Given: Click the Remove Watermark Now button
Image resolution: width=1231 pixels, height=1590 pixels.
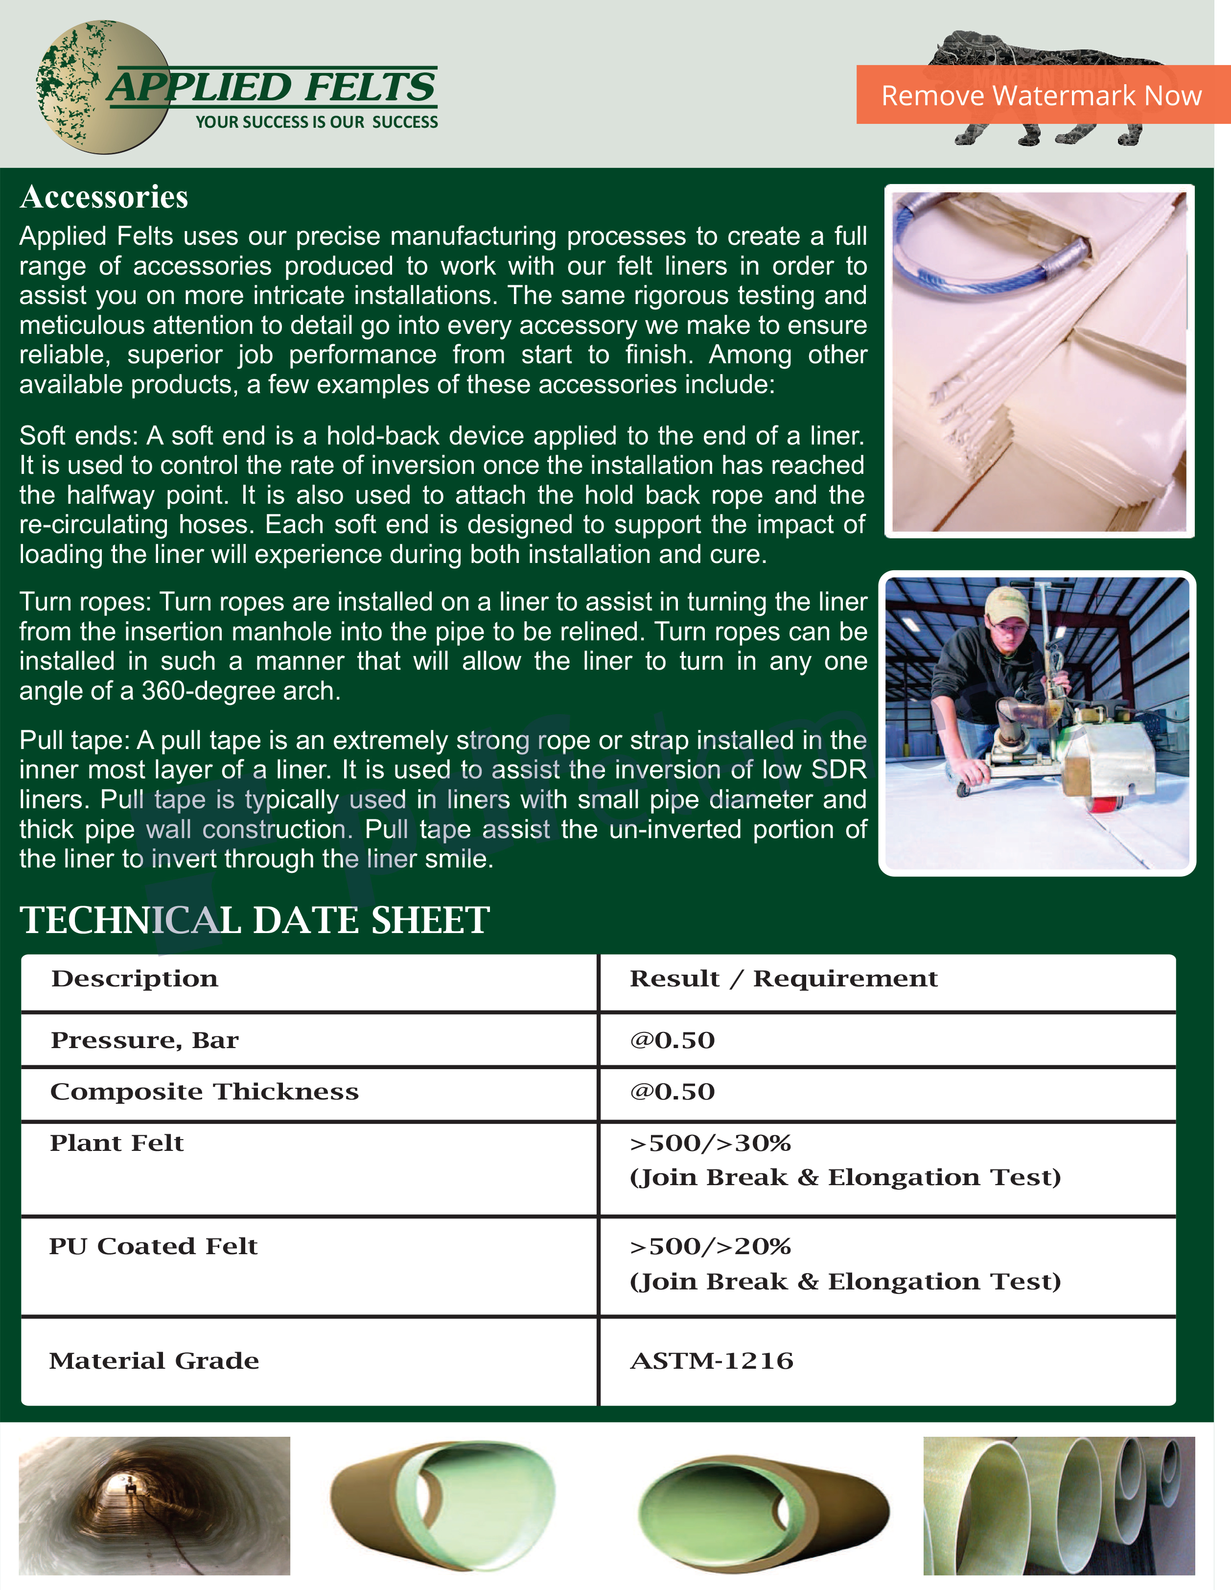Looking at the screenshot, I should (1041, 95).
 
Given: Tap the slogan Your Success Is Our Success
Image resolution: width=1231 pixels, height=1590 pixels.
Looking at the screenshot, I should (317, 122).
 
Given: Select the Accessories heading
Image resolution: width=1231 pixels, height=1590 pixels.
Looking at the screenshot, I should (104, 197).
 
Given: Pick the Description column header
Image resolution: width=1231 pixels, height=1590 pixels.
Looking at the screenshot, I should (135, 979).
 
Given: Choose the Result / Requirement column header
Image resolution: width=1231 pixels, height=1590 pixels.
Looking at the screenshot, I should (783, 979).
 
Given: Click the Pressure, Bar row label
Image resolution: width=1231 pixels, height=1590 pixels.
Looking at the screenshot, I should (144, 1040).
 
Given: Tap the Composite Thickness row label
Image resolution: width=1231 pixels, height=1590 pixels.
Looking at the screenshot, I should (205, 1092).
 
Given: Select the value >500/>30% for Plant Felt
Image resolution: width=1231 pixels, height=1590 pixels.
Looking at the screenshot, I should (710, 1144).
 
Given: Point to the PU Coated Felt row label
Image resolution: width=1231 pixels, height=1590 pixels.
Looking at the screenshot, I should (153, 1246).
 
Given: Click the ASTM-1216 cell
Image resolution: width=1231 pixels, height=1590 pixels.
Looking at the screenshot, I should (711, 1361).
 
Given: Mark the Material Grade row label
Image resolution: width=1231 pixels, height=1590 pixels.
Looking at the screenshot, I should (154, 1361).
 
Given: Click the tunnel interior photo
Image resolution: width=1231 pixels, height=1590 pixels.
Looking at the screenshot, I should (154, 1505).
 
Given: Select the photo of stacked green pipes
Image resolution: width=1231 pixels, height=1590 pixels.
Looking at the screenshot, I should (1059, 1505).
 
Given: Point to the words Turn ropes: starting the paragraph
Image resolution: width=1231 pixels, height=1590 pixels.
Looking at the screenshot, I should (85, 602).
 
